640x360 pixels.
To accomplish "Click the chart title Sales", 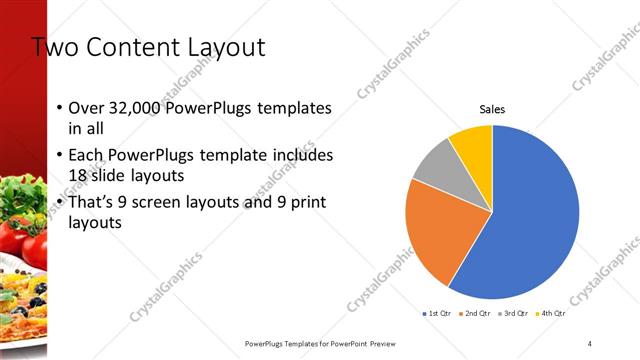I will pos(492,108).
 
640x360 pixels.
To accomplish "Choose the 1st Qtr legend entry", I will pos(438,314).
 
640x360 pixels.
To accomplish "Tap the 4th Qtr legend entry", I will pos(553,314).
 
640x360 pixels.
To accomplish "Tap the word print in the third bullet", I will pos(306,203).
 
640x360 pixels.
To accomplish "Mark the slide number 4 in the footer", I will pos(590,343).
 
